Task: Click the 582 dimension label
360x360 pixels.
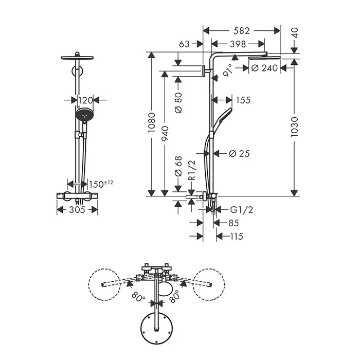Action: pos(241,30)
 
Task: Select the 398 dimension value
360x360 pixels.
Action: pos(238,44)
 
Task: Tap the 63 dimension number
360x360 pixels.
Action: pos(184,44)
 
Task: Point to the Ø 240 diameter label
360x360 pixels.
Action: pos(264,68)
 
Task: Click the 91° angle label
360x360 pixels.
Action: pos(228,70)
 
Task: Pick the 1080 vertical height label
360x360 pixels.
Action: pos(152,122)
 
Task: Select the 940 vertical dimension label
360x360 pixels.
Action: pos(165,133)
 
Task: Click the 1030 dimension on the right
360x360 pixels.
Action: pos(294,127)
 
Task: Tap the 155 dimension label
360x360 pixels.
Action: pos(243,100)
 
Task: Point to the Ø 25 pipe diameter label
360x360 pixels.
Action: pos(239,154)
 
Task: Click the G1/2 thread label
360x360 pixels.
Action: pos(242,210)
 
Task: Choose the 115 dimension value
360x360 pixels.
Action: pos(237,236)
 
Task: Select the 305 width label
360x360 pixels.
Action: pos(77,210)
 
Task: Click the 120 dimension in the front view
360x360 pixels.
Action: pos(85,100)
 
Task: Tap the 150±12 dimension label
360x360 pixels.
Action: pos(101,184)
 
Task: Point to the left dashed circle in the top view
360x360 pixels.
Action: pos(104,284)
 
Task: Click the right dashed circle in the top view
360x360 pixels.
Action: pos(209,284)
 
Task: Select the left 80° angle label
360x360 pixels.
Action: pos(138,297)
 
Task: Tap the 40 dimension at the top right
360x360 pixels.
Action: pos(295,32)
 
